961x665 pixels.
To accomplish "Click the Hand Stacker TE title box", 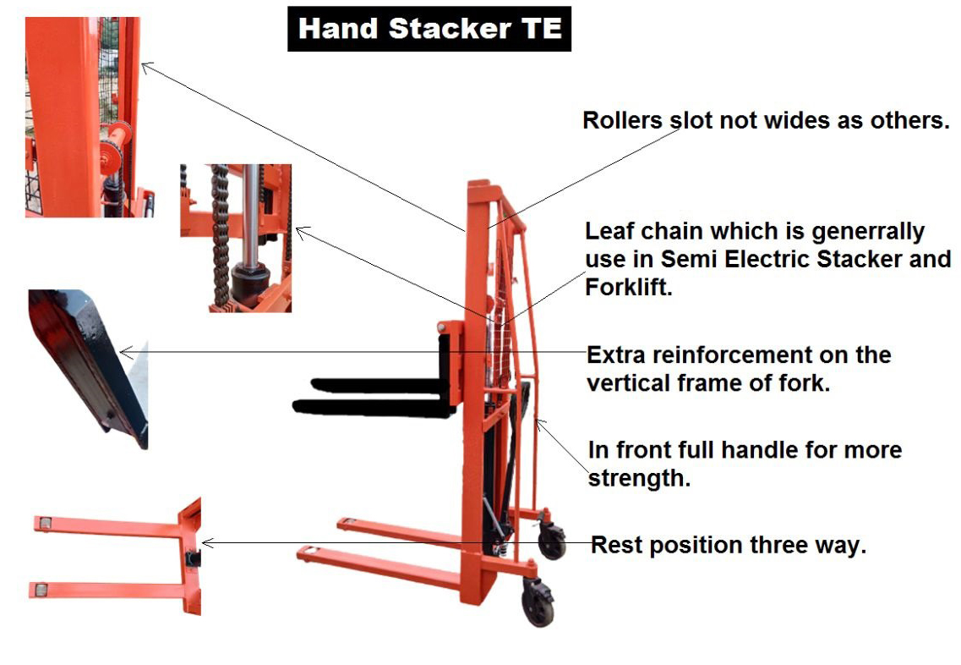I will (x=429, y=28).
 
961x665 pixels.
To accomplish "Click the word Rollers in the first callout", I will (x=621, y=120).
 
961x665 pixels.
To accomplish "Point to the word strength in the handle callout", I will (x=639, y=478).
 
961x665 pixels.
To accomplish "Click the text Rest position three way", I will (x=728, y=545).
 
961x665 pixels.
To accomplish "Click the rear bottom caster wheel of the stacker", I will (x=538, y=602).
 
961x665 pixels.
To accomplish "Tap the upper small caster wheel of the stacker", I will (x=552, y=539).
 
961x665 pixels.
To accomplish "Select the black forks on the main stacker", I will (x=372, y=398).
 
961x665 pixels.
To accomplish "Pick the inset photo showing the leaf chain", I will (x=236, y=238).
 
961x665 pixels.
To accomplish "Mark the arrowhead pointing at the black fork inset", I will (x=124, y=352).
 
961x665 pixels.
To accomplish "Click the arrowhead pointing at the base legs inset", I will (x=206, y=542).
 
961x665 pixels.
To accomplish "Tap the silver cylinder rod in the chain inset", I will (x=251, y=212).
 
